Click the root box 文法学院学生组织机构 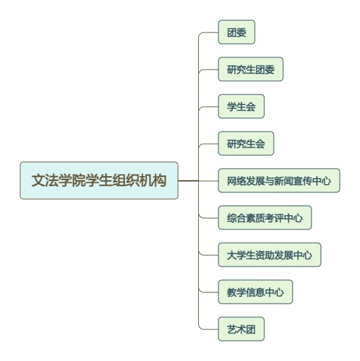pos(99,181)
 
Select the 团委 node pos(237,32)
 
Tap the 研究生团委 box pos(251,70)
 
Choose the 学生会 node pos(241,107)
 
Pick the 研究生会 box pos(246,144)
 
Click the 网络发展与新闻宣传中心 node pos(279,181)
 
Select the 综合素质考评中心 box pos(265,218)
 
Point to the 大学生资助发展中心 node pos(270,255)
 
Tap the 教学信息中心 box pos(256,292)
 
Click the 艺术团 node pos(241,329)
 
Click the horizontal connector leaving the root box pos(188,181)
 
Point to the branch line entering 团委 pos(208,32)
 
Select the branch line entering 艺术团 pos(208,329)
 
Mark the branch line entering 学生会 pos(208,107)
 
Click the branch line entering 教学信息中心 pos(208,292)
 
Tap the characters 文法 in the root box pos(45,181)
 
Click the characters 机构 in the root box pos(153,181)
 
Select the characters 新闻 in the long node pos(284,181)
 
